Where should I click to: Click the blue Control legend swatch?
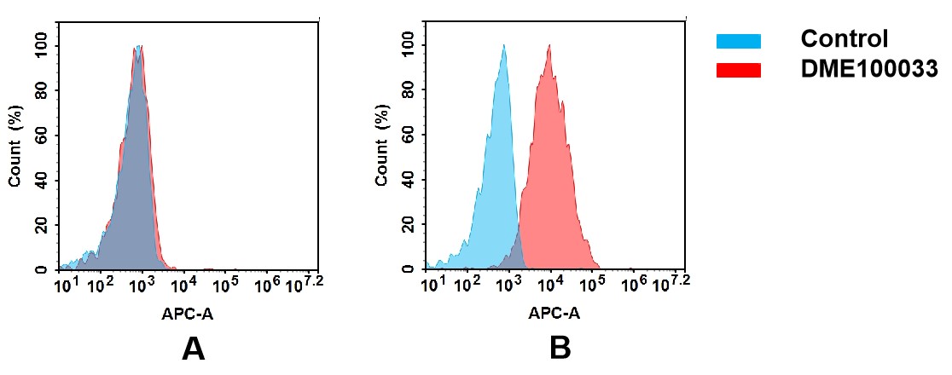click(x=738, y=41)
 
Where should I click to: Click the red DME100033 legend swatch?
click(x=738, y=71)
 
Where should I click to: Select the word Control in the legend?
click(x=845, y=39)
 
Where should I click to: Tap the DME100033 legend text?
click(x=869, y=70)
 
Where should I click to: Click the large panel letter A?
click(x=194, y=349)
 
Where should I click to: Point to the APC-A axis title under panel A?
click(x=188, y=314)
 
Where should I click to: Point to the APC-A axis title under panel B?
click(x=554, y=314)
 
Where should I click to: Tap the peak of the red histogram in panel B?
click(x=549, y=47)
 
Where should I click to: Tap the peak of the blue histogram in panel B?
click(x=504, y=47)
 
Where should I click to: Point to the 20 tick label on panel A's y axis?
click(x=43, y=225)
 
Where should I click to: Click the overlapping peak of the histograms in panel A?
click(x=138, y=49)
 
